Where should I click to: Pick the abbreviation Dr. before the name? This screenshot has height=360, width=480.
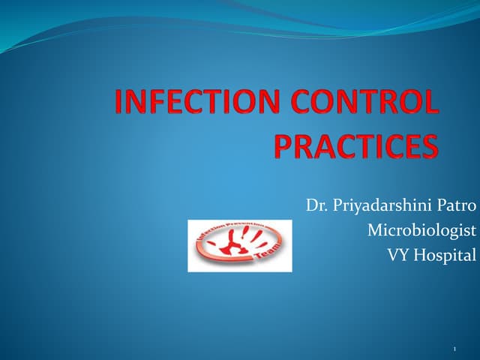pyautogui.click(x=316, y=205)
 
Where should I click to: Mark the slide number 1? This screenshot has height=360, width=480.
pyautogui.click(x=456, y=349)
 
